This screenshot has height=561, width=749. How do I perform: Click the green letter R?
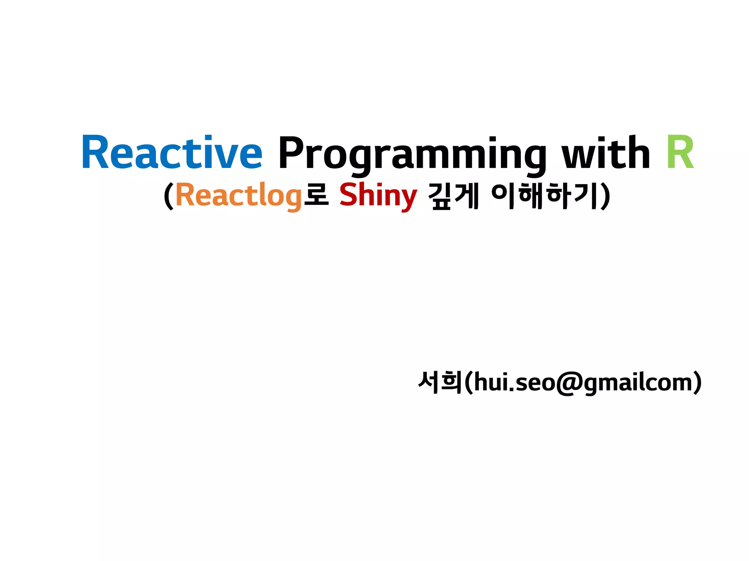pyautogui.click(x=680, y=153)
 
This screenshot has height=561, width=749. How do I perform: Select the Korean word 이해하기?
pyautogui.click(x=545, y=196)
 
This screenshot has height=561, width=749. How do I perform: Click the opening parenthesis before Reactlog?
pyautogui.click(x=168, y=196)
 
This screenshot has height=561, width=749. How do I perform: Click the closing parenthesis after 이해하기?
pyautogui.click(x=605, y=196)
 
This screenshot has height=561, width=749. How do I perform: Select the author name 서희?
pyautogui.click(x=440, y=382)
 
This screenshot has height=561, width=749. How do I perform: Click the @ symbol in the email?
pyautogui.click(x=569, y=383)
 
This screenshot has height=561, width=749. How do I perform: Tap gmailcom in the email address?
pyautogui.click(x=638, y=383)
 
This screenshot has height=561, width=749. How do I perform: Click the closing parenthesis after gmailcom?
pyautogui.click(x=698, y=383)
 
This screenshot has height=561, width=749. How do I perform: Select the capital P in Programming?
pyautogui.click(x=291, y=153)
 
